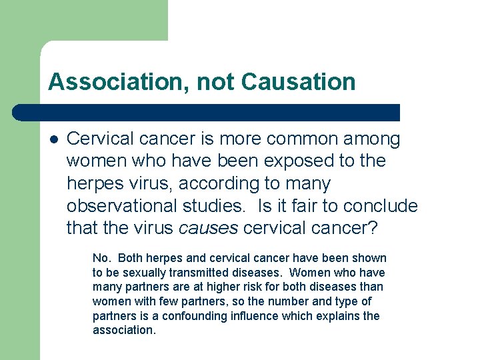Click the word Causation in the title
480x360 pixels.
[x=299, y=82]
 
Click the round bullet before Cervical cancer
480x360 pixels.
[x=53, y=139]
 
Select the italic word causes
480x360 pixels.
[x=209, y=229]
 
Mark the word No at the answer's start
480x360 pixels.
[x=101, y=258]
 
